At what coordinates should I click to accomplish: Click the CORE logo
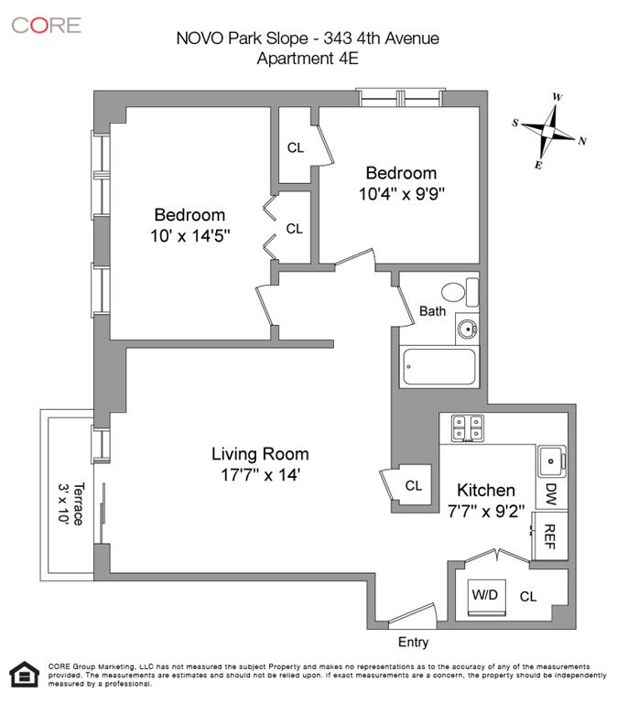pyautogui.click(x=46, y=25)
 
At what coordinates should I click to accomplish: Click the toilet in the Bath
pyautogui.click(x=458, y=293)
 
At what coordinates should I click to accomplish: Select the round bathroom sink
pyautogui.click(x=466, y=328)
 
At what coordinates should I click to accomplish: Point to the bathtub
pyautogui.click(x=438, y=369)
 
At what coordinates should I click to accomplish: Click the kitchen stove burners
pyautogui.click(x=467, y=426)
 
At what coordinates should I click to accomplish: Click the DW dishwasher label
pyautogui.click(x=551, y=495)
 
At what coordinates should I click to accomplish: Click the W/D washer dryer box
pyautogui.click(x=484, y=596)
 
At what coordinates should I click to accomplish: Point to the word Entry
pyautogui.click(x=413, y=643)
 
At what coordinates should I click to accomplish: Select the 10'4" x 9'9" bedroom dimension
pyautogui.click(x=401, y=194)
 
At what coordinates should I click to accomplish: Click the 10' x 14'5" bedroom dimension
pyautogui.click(x=189, y=235)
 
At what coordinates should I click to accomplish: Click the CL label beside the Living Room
pyautogui.click(x=414, y=485)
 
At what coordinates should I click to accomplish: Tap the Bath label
pyautogui.click(x=432, y=311)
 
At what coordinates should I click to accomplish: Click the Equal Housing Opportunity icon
pyautogui.click(x=20, y=675)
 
